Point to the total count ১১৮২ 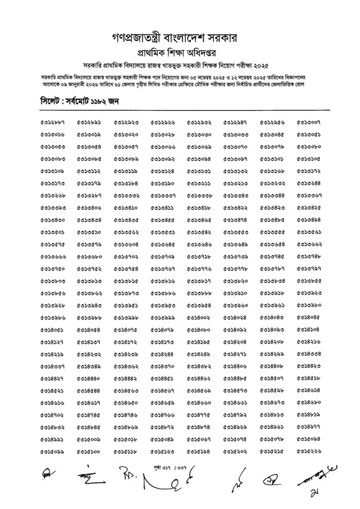(100, 102)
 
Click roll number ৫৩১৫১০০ (89, 451)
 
